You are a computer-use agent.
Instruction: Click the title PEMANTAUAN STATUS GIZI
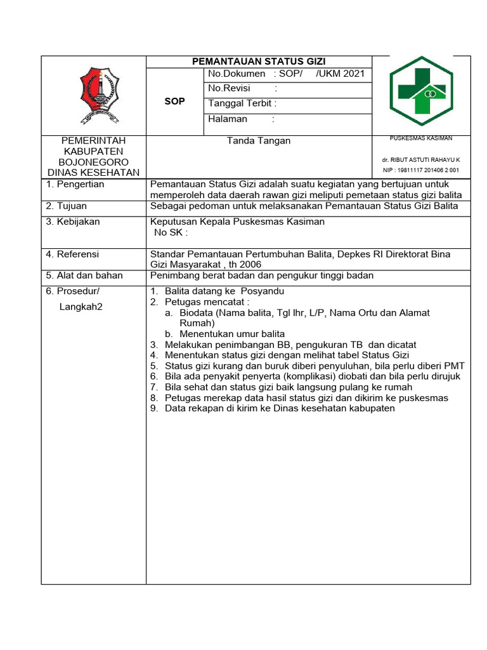click(259, 62)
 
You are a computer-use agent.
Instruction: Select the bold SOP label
click(174, 102)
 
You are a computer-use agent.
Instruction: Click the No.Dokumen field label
click(237, 74)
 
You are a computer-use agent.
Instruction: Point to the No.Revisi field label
click(229, 89)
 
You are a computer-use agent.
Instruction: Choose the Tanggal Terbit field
click(242, 104)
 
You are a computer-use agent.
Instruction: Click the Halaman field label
click(228, 119)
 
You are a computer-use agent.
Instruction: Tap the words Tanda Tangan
click(259, 141)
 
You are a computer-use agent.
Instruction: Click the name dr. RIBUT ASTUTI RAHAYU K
click(420, 160)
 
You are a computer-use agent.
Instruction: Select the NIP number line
click(420, 171)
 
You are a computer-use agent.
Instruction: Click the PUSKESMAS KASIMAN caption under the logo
click(420, 138)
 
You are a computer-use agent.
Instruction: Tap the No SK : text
click(171, 232)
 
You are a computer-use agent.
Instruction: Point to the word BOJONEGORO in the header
click(93, 162)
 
